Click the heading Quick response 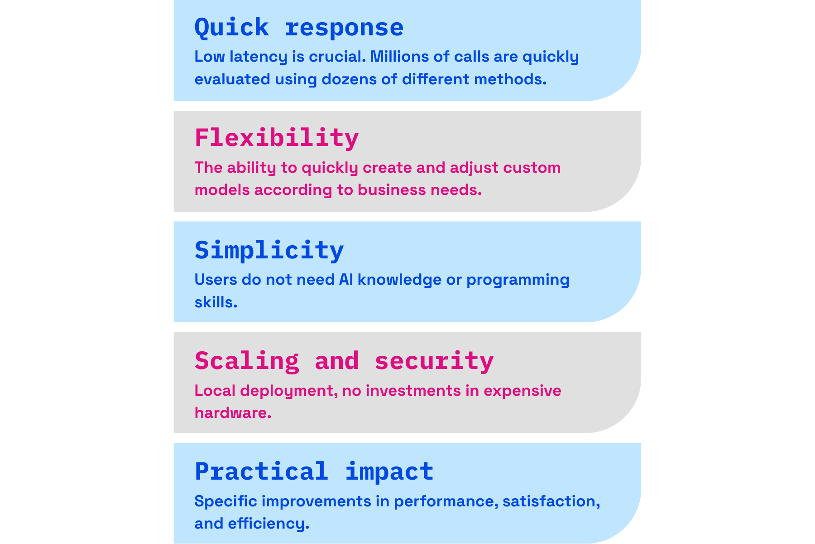pos(299,28)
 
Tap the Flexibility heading pos(277,138)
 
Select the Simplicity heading pos(269,250)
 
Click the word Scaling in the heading pos(247,361)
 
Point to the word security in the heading pos(434,361)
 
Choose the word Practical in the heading pos(261,471)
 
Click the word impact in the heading pos(389,471)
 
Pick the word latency pos(258,57)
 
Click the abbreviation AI pos(346,280)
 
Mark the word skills pos(216,302)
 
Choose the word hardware pos(233,413)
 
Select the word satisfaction pos(551,501)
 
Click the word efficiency pos(268,524)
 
